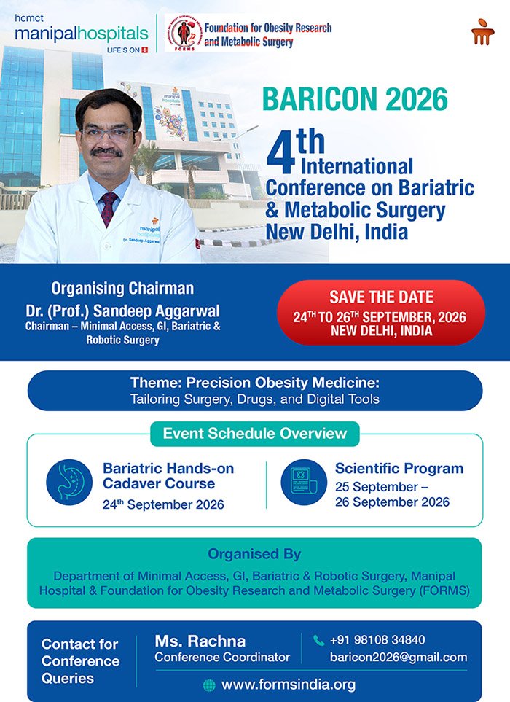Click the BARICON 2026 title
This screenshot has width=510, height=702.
pyautogui.click(x=355, y=99)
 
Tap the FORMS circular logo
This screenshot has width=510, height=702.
pyautogui.click(x=184, y=33)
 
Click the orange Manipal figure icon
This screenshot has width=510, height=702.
pyautogui.click(x=483, y=32)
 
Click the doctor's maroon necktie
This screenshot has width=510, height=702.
pyautogui.click(x=109, y=208)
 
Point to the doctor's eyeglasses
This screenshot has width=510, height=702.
pyautogui.click(x=106, y=133)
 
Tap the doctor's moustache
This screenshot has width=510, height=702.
pyautogui.click(x=106, y=152)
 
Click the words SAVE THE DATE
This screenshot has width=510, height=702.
pyautogui.click(x=382, y=297)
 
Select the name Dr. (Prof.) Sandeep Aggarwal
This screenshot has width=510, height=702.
pyautogui.click(x=122, y=311)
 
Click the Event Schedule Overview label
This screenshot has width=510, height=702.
pyautogui.click(x=254, y=434)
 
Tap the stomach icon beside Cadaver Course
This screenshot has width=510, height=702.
pyautogui.click(x=69, y=482)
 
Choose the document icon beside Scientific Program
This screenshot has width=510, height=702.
pyautogui.click(x=304, y=482)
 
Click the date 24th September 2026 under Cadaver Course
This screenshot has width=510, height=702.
pyautogui.click(x=163, y=504)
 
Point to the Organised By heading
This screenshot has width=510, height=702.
pyautogui.click(x=254, y=554)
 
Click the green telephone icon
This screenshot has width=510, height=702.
pyautogui.click(x=318, y=640)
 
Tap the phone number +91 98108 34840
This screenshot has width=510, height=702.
pyautogui.click(x=377, y=640)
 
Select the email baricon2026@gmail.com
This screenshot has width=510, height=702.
pyautogui.click(x=399, y=658)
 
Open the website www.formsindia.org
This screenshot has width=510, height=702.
pyautogui.click(x=289, y=685)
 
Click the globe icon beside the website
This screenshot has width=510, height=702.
pyautogui.click(x=209, y=685)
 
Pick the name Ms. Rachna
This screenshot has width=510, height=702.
pyautogui.click(x=200, y=641)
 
